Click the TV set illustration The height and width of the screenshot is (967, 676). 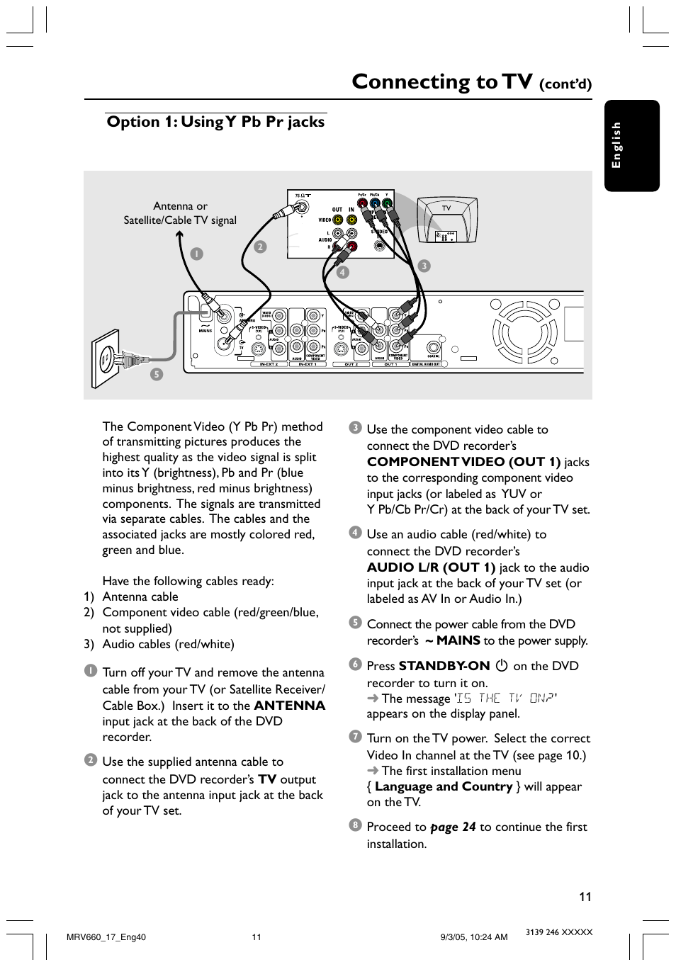pyautogui.click(x=447, y=221)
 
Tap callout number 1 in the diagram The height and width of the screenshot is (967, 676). pyautogui.click(x=196, y=254)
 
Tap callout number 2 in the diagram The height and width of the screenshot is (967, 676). pyautogui.click(x=260, y=247)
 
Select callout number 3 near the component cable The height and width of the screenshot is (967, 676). pyautogui.click(x=424, y=266)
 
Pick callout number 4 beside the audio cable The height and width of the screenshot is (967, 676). pyautogui.click(x=343, y=272)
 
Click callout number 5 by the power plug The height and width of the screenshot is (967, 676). pyautogui.click(x=157, y=374)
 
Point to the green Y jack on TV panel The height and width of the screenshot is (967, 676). pyautogui.click(x=387, y=203)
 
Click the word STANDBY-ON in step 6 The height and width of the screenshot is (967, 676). pyautogui.click(x=444, y=666)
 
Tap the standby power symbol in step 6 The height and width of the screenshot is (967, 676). pyautogui.click(x=502, y=666)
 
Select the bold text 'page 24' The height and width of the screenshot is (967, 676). pyautogui.click(x=453, y=827)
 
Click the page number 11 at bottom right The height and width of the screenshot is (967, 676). pyautogui.click(x=585, y=896)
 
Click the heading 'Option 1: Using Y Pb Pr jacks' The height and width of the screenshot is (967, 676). pyautogui.click(x=215, y=122)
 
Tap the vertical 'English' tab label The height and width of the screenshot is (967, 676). pyautogui.click(x=616, y=145)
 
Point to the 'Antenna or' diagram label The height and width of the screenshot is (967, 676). pyautogui.click(x=180, y=206)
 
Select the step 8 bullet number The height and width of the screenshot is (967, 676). pyautogui.click(x=355, y=825)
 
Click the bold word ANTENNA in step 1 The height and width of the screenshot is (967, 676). pyautogui.click(x=289, y=706)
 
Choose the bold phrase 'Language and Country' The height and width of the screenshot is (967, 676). pyautogui.click(x=444, y=786)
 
